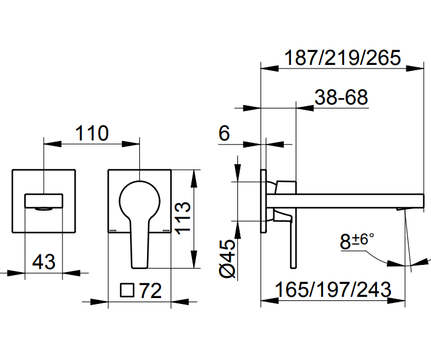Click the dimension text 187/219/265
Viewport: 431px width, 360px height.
coord(342,58)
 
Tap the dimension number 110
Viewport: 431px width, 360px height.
coord(92,133)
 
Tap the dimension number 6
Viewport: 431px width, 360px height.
coord(224,134)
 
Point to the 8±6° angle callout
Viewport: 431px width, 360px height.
coord(357,241)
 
